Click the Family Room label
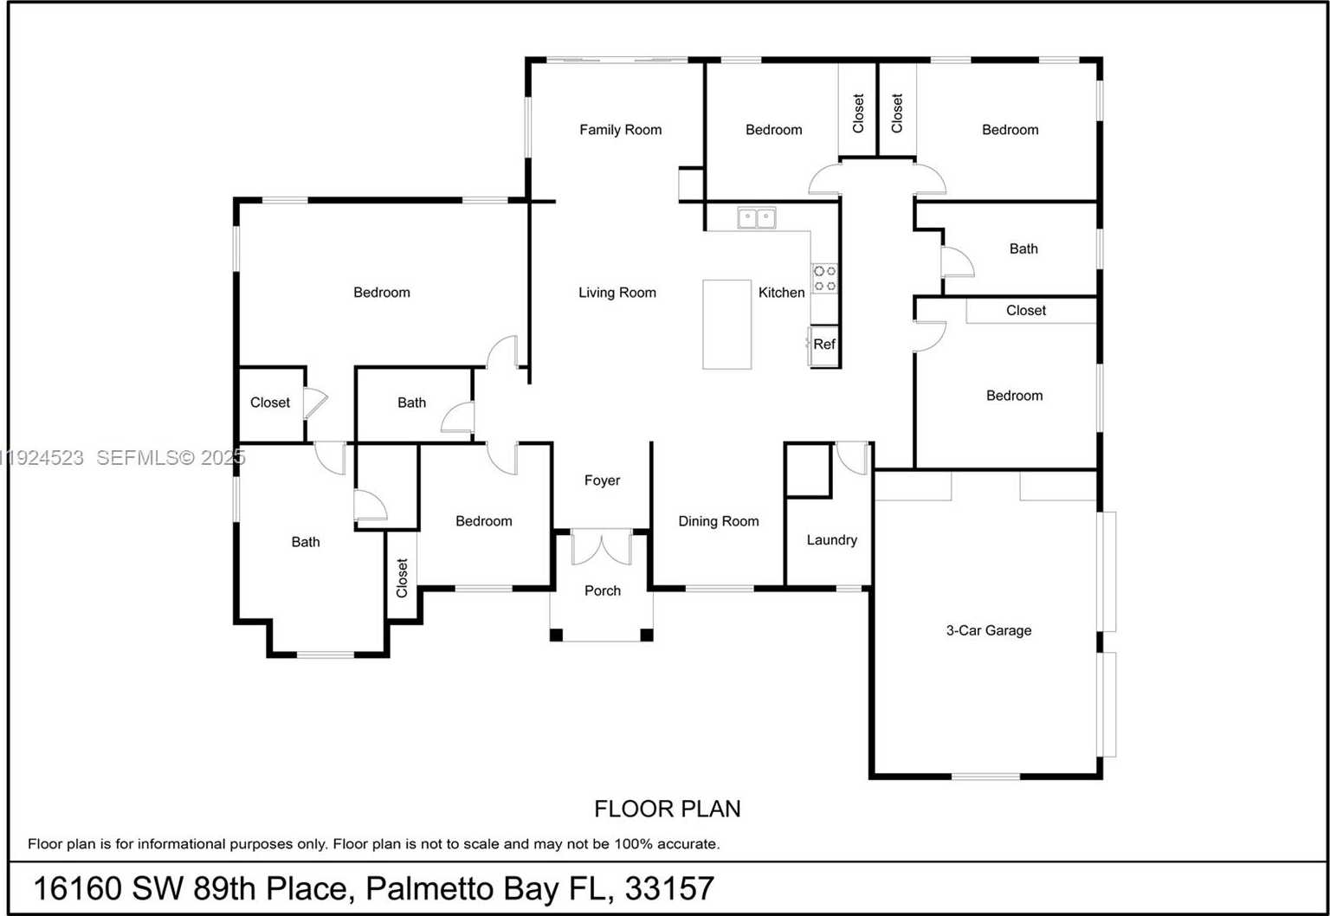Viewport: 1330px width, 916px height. point(620,130)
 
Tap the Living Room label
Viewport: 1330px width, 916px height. point(617,293)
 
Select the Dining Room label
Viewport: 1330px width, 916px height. point(718,521)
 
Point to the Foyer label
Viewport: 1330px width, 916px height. point(602,481)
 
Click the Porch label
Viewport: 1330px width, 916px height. point(602,590)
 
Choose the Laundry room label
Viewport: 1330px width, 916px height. point(831,540)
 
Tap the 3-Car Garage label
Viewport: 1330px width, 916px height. point(988,630)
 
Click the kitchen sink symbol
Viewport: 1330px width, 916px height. point(756,217)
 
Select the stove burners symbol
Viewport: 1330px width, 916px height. point(824,278)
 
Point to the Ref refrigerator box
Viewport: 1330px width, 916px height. point(824,345)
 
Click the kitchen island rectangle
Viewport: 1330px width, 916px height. point(726,325)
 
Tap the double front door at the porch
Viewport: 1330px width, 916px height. point(602,549)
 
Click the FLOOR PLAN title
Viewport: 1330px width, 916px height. point(667,809)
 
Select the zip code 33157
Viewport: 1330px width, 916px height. point(669,888)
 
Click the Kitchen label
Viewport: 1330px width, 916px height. point(781,293)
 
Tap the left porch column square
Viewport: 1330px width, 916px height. point(557,635)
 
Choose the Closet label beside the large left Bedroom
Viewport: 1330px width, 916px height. point(270,403)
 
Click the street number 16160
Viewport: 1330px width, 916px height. point(77,888)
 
